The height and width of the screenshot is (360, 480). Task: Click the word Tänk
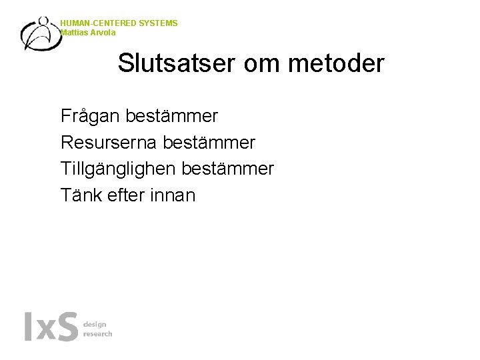click(79, 195)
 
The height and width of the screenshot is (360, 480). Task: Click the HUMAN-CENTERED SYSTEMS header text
click(119, 23)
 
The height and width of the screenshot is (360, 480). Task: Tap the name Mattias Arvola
click(87, 32)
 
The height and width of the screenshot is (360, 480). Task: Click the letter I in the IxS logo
click(28, 326)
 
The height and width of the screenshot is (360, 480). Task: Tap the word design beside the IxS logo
click(95, 324)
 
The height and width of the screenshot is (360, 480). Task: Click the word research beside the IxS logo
click(97, 333)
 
